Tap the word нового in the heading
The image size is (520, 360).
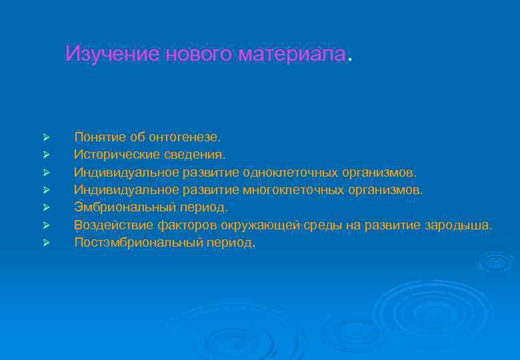click(193, 54)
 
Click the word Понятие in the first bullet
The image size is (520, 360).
click(100, 137)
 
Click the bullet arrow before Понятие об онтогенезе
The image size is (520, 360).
click(45, 137)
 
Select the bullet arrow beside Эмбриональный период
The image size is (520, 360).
click(45, 208)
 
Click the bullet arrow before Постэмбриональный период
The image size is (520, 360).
click(45, 243)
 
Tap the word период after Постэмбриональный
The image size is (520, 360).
click(229, 243)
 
